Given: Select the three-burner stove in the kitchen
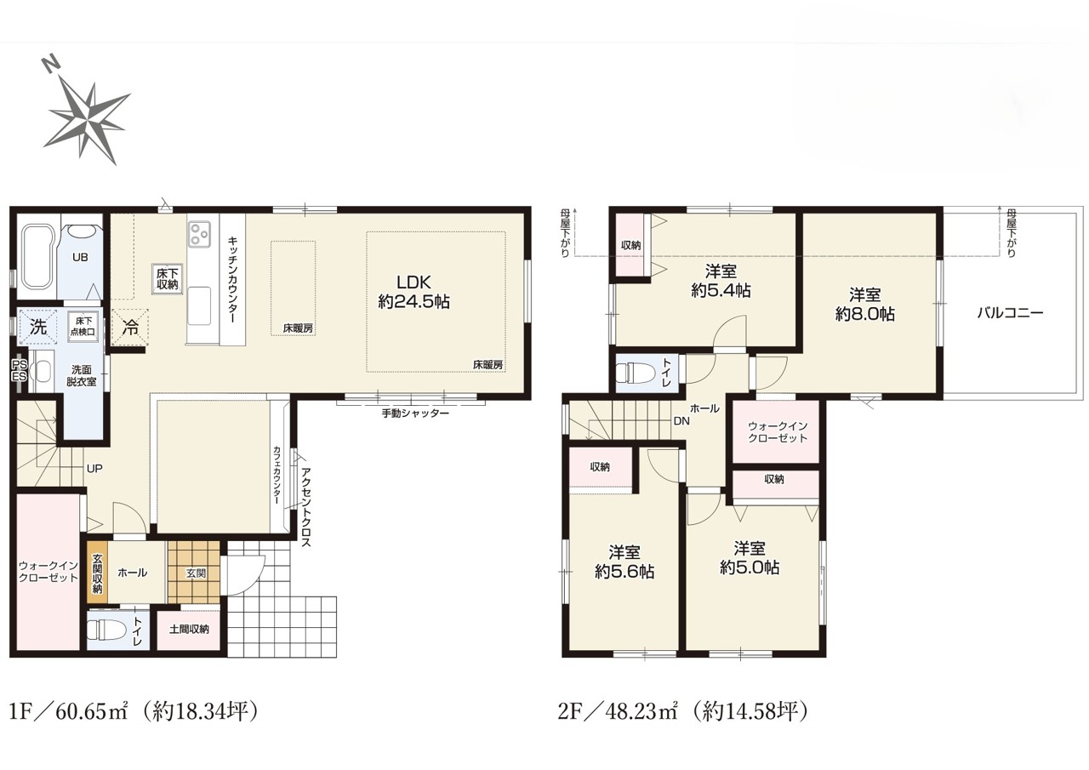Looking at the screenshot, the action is (x=200, y=233).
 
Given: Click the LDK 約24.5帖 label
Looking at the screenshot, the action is (x=413, y=292).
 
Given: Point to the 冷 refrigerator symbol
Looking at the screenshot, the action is (x=129, y=328).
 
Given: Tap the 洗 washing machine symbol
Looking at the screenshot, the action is (x=38, y=327).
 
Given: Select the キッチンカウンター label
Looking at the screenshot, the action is (x=232, y=280).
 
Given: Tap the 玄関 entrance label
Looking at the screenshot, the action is (x=196, y=573).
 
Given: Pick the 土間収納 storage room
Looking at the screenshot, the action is (x=189, y=629).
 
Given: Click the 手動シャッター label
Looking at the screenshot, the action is (x=414, y=414).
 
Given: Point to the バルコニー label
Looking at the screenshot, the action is (x=1010, y=312).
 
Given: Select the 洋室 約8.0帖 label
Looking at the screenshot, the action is (x=865, y=305).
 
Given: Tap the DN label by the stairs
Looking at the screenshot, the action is (x=681, y=421).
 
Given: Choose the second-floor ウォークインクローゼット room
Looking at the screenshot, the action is (x=776, y=431).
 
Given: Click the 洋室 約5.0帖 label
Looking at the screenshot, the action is (x=750, y=557).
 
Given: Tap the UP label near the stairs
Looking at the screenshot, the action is (x=94, y=469).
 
